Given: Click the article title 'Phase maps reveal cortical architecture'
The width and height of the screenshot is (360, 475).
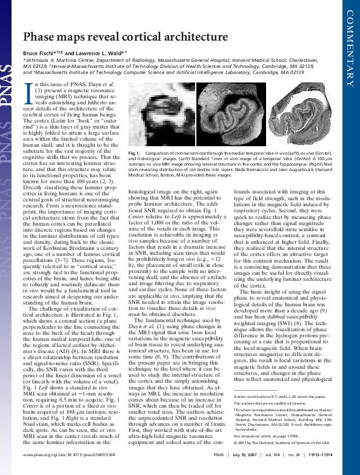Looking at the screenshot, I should coord(125,38).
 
